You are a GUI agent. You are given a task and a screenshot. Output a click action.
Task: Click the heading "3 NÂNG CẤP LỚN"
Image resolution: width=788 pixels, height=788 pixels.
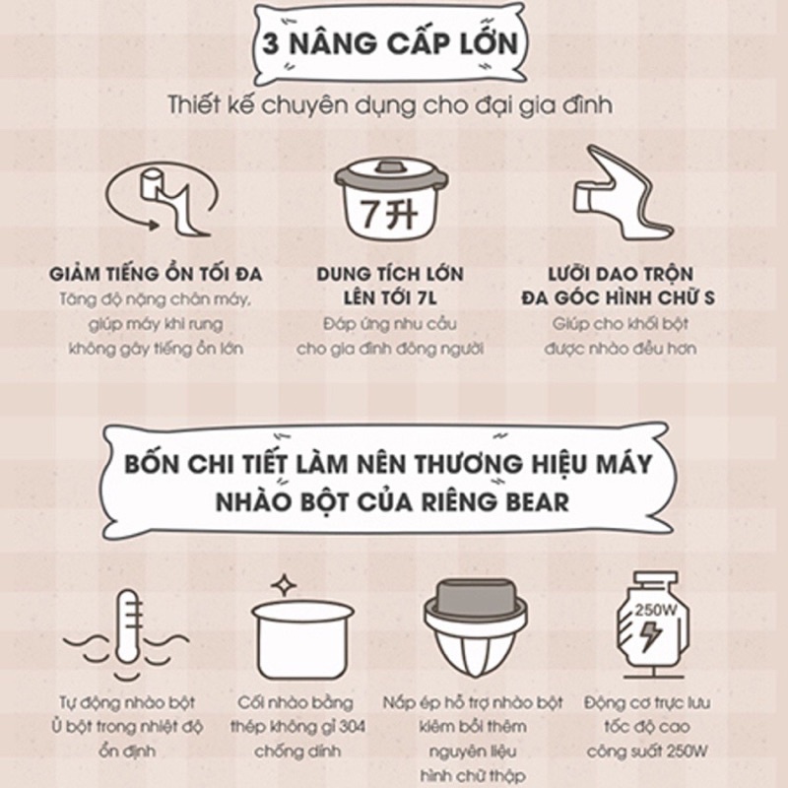tap(390, 43)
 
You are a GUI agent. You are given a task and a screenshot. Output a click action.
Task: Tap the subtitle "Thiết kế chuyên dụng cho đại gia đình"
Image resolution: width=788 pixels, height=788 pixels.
tap(390, 105)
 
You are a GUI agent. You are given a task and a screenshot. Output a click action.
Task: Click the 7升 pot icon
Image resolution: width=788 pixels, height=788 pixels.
tap(391, 200)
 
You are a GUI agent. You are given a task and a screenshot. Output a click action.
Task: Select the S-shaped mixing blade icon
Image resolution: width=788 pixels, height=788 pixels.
tap(624, 192)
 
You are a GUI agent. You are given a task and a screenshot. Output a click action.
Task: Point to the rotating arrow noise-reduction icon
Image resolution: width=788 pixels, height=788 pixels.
tap(162, 200)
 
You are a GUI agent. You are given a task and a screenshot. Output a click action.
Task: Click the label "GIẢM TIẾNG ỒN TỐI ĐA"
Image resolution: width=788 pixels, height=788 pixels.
tap(156, 275)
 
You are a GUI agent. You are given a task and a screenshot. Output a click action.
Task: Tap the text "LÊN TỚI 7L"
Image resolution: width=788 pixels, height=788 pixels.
tap(390, 298)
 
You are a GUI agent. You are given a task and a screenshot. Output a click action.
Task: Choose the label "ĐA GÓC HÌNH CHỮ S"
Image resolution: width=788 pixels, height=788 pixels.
tap(619, 298)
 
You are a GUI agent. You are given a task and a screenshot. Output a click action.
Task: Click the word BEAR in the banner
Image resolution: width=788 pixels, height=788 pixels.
tap(537, 502)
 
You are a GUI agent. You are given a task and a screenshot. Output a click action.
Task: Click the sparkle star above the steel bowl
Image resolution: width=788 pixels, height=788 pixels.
tap(284, 585)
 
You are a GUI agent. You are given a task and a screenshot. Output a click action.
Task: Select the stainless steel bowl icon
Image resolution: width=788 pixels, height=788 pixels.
tap(303, 639)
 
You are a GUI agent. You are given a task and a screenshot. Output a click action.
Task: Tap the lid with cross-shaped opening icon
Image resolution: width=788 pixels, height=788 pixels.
tap(475, 628)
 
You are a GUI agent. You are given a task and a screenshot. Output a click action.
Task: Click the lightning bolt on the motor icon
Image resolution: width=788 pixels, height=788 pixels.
tap(650, 636)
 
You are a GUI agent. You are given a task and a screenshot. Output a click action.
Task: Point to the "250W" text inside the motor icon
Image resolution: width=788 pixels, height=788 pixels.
tap(655, 611)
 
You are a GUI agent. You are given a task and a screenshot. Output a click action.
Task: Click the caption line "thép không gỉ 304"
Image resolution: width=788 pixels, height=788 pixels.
tap(298, 727)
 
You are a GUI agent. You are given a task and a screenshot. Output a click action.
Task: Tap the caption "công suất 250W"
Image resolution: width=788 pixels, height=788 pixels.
tap(647, 752)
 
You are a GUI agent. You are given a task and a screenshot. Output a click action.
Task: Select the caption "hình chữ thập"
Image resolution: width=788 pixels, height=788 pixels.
tap(473, 776)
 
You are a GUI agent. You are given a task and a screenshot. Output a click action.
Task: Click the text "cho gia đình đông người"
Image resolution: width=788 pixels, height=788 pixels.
tap(390, 349)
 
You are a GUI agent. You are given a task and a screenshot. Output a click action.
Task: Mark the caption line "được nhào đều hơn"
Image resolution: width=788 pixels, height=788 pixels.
tap(621, 349)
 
